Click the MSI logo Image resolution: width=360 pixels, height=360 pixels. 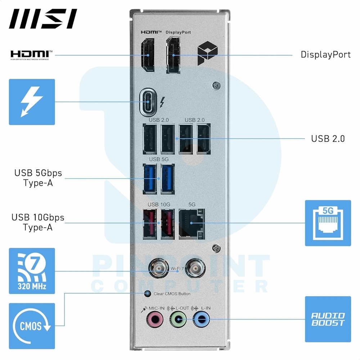click(43, 19)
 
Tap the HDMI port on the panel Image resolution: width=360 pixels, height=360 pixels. click(148, 55)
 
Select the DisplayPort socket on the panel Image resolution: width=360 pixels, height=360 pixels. click(173, 55)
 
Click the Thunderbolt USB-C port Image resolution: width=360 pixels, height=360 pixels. click(148, 102)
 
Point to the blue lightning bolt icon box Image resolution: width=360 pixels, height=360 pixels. click(32, 102)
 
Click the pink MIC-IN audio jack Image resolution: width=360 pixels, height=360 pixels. click(155, 319)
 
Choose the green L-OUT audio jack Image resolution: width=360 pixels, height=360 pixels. click(178, 319)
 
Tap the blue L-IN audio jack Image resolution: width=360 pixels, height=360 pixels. click(201, 319)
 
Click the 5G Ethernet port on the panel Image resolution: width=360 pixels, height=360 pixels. click(192, 224)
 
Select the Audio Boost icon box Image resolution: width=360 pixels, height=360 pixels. click(328, 319)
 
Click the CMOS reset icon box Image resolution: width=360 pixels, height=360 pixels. click(32, 326)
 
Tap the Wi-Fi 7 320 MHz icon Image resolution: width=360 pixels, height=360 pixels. click(32, 271)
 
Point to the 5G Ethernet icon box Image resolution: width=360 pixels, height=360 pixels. click(328, 223)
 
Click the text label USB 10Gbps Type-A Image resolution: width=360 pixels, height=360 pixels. click(38, 222)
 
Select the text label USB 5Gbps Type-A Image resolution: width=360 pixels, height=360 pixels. click(38, 178)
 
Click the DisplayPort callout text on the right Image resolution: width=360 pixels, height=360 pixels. click(325, 55)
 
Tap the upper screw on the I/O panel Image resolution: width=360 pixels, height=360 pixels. click(216, 86)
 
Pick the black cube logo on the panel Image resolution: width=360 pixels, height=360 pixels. click(208, 53)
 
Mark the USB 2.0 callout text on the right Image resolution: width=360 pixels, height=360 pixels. click(328, 139)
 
